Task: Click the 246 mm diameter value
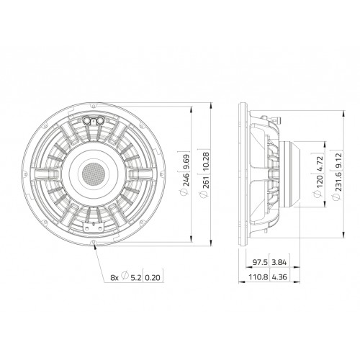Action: [186, 179]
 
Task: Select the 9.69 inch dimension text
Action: [186, 161]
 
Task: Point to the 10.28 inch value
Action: [206, 161]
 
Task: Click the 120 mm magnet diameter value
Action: [320, 181]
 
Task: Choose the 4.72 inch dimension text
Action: [320, 164]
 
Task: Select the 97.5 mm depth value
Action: [260, 262]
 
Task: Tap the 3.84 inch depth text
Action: [279, 262]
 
